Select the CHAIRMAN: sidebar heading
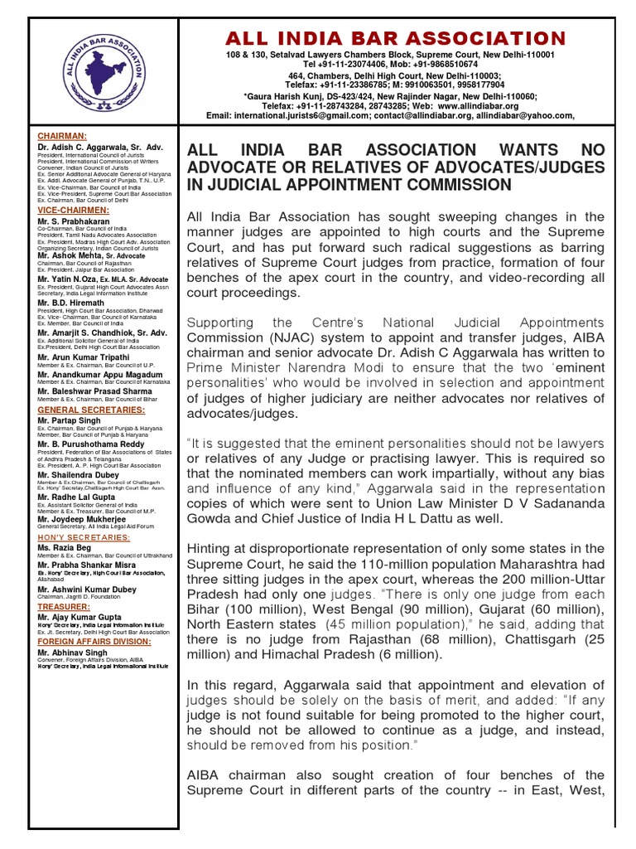(62, 135)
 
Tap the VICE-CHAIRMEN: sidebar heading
(70, 211)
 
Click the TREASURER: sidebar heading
(64, 606)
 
